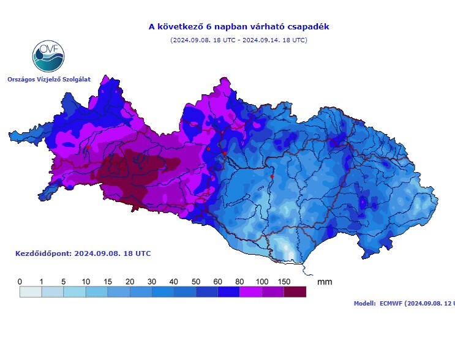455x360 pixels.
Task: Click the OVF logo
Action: click(48, 56)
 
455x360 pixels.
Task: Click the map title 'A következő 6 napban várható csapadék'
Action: click(239, 27)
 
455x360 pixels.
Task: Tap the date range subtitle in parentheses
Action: click(239, 40)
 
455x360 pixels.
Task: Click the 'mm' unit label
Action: click(325, 282)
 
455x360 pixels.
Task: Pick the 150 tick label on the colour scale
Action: click(283, 281)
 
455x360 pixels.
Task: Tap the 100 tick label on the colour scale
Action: click(261, 281)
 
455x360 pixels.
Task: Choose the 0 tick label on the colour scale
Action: click(20, 281)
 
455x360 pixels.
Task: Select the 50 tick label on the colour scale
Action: click(195, 281)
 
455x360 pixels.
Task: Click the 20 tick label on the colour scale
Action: click(130, 281)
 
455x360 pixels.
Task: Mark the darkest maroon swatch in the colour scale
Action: click(295, 292)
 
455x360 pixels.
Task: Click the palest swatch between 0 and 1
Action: click(31, 292)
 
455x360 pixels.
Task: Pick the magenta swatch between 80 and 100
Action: click(250, 292)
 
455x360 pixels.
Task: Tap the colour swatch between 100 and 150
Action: click(273, 292)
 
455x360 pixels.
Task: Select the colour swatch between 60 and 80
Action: click(228, 292)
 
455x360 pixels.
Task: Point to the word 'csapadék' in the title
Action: click(308, 27)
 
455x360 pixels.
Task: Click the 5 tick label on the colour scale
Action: click(64, 281)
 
